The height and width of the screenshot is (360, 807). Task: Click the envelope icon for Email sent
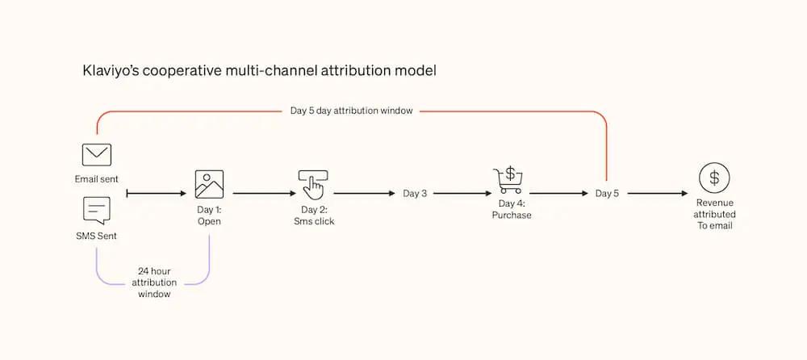tap(96, 155)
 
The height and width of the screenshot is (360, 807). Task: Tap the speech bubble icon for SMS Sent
tap(96, 210)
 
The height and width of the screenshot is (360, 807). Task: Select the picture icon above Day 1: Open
tap(209, 184)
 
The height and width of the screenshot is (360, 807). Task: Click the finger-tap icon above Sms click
tap(312, 185)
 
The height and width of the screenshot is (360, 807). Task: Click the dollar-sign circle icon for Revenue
tap(714, 177)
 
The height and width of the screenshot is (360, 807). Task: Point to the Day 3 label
tap(415, 194)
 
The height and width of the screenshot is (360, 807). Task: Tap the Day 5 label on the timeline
tap(607, 194)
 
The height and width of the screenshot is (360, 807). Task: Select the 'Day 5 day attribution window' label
tap(351, 111)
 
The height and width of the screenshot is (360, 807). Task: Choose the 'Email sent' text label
tap(96, 178)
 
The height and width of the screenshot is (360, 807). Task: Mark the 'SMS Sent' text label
tap(96, 234)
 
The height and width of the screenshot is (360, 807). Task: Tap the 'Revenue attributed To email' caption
tap(714, 215)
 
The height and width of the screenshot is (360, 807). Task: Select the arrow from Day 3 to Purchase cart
tap(462, 194)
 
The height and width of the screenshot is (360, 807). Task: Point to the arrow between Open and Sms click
tap(264, 194)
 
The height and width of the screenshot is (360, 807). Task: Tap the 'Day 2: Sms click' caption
tap(313, 216)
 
